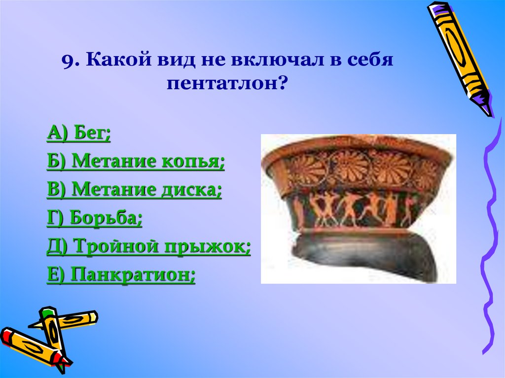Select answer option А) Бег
click(79, 133)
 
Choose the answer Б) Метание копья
click(136, 162)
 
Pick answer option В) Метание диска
click(134, 190)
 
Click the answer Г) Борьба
click(95, 218)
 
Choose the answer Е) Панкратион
click(121, 275)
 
